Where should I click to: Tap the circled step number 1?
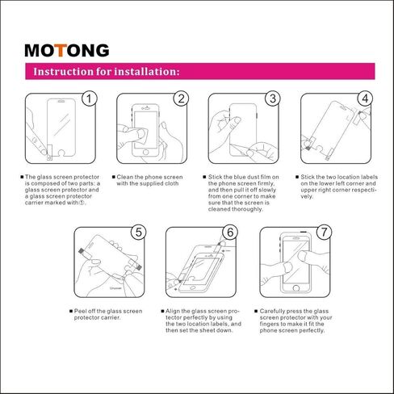pos(89,99)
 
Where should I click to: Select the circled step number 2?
pos(181,99)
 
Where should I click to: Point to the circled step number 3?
pos(273,99)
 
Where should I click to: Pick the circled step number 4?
pos(365,99)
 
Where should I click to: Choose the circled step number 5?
pos(138,233)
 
